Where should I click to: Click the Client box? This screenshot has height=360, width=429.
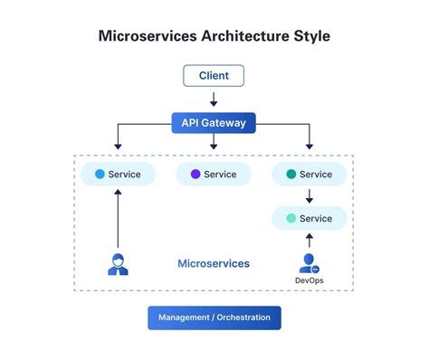pos(214,75)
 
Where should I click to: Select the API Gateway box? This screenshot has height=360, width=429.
pos(214,122)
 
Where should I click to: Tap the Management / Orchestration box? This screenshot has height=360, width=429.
pos(214,317)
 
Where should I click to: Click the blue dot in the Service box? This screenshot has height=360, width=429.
pos(100,174)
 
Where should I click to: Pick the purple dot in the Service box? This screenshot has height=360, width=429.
pos(195,174)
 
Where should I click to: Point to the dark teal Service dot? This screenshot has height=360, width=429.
pos(291,174)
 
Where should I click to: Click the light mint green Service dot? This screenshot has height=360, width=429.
pos(291,218)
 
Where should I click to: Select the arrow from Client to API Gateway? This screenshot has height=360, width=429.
pos(214,98)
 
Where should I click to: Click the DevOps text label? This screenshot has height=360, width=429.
pos(309,281)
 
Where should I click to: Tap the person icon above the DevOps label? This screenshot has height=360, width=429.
pos(309,263)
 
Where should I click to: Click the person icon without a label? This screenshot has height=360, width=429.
pos(118,264)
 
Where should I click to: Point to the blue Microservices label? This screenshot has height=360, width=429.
pos(214,263)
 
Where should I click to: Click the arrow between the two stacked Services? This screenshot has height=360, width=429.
pos(309,195)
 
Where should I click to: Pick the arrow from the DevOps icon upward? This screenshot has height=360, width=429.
pos(309,240)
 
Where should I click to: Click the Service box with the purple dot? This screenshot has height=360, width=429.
pos(214,174)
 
